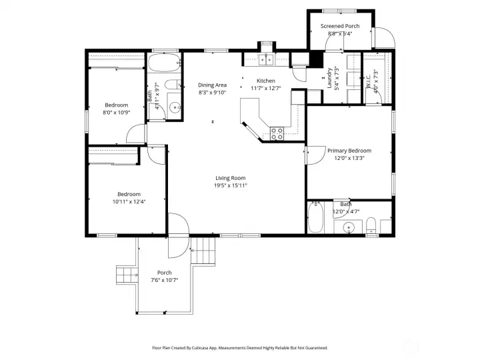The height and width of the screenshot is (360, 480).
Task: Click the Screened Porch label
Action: coord(339,26)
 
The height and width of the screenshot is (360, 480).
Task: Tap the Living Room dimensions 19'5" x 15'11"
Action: coord(231,185)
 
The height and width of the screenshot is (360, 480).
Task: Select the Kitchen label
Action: coord(266,81)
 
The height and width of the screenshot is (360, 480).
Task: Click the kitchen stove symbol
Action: coord(277,133)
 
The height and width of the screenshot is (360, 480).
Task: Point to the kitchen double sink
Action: coord(267,61)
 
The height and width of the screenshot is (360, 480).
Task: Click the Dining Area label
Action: coord(212,85)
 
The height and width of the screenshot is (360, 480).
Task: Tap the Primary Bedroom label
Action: coord(349,151)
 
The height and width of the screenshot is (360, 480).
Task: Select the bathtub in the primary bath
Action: coord(316,217)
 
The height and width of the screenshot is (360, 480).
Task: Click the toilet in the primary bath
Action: coord(372,225)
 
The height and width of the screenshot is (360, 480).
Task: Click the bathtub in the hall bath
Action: coord(164,65)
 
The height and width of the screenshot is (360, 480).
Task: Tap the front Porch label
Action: coord(164,273)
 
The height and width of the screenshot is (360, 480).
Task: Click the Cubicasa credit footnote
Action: coord(240,348)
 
